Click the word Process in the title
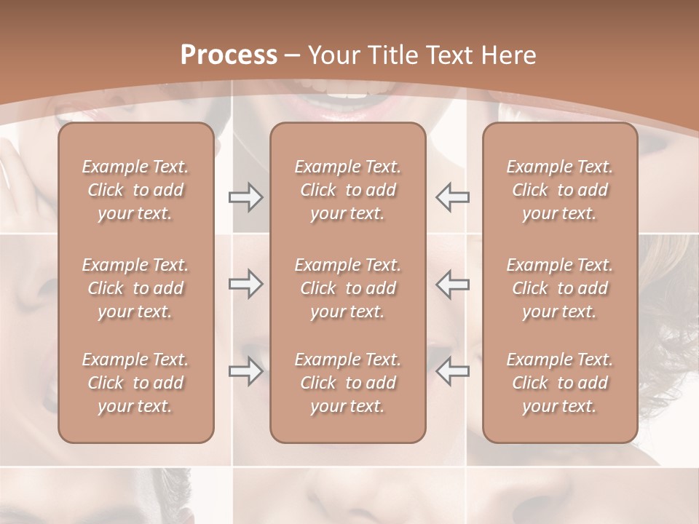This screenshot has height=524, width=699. (229, 55)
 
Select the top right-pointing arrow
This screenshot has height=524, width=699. (245, 197)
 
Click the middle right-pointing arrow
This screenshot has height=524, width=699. (245, 285)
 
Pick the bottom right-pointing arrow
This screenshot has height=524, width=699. (245, 371)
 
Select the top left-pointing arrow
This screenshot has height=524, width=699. (452, 197)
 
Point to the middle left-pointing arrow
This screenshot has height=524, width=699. (452, 285)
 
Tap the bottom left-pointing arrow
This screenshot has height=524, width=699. (452, 371)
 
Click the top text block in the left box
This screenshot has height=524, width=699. (135, 190)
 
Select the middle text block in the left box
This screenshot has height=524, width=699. (135, 288)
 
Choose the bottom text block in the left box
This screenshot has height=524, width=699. (135, 383)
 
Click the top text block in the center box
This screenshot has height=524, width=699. (347, 190)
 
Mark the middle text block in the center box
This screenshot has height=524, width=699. (347, 288)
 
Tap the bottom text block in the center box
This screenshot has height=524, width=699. (347, 383)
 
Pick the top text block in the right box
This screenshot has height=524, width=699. (559, 190)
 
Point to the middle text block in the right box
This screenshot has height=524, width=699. (559, 288)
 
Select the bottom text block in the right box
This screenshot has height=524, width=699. (559, 383)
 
